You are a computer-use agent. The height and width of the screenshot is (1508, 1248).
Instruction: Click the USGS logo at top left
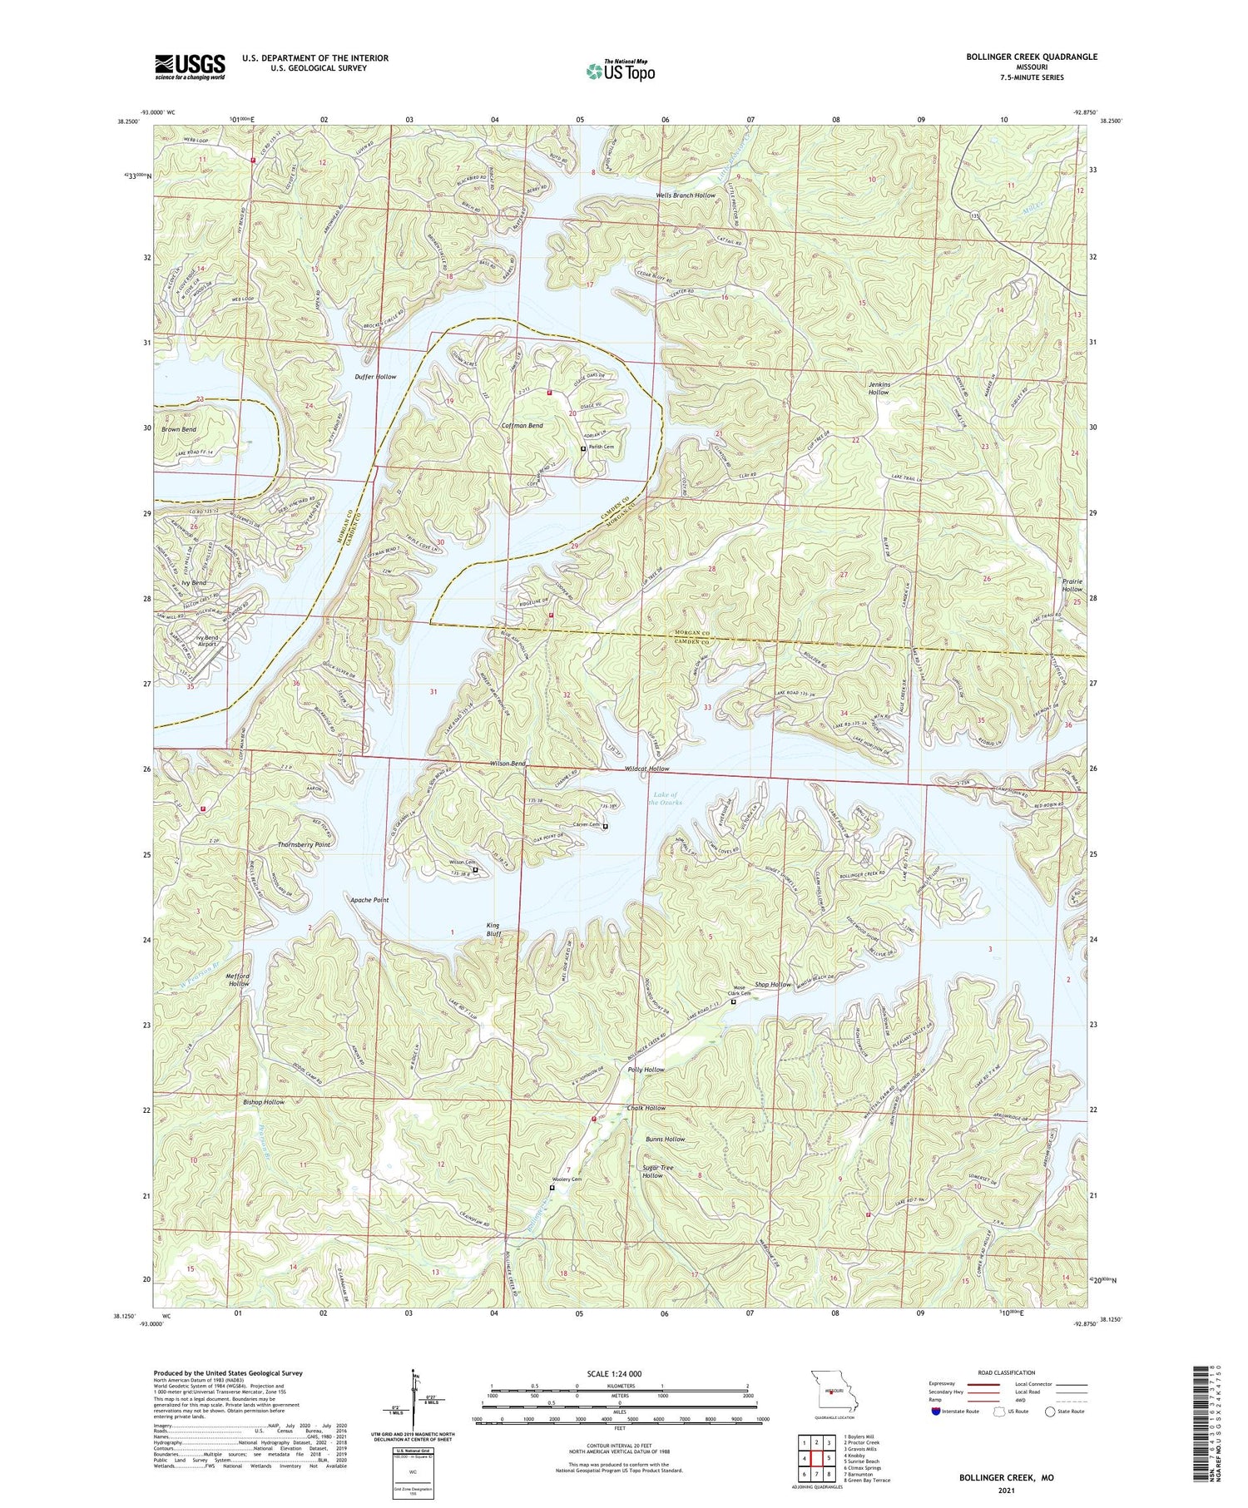190,67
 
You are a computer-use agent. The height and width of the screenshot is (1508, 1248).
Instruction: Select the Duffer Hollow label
374,377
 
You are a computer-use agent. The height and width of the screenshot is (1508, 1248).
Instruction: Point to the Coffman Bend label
522,426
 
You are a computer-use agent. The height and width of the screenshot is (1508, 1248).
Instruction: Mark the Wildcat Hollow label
646,769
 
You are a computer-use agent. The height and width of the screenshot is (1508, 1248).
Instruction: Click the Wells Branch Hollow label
686,195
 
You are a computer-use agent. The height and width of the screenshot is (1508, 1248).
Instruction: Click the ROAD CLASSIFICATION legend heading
1007,1372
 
